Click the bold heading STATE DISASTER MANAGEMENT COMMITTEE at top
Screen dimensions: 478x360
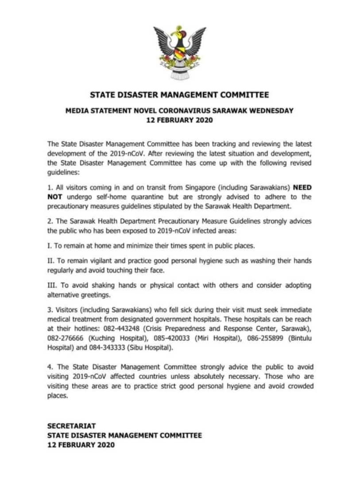click(179, 94)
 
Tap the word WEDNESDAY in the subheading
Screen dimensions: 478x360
click(270, 111)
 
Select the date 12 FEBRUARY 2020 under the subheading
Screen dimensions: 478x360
click(179, 120)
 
